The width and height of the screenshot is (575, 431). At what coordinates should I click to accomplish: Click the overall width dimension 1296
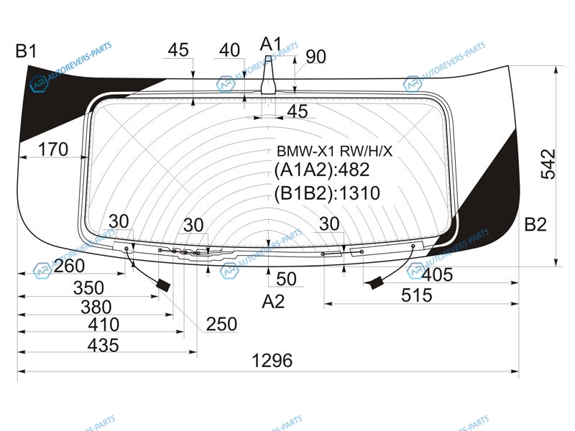272,361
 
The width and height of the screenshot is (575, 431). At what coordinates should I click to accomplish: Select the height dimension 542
548,164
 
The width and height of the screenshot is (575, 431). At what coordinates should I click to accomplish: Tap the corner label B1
26,51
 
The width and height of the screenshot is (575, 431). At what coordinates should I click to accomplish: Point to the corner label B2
535,224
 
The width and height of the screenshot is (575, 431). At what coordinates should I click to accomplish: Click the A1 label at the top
271,45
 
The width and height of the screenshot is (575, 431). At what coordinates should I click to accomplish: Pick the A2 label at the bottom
273,302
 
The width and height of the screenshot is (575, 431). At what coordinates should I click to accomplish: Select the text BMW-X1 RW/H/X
334,151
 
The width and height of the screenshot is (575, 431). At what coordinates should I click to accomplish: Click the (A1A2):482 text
321,170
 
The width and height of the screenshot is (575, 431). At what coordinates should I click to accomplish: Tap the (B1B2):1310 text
327,193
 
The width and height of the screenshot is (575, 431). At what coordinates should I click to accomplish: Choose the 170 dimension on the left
53,149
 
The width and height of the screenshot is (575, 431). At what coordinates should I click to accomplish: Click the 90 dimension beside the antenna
316,57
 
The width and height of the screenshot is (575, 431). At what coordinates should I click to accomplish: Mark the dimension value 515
417,295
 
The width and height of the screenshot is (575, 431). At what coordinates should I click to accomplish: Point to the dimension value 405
438,275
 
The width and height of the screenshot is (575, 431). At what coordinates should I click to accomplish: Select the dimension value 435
103,346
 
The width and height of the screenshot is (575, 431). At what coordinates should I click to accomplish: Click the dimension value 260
69,266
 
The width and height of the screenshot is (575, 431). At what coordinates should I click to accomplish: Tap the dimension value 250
221,325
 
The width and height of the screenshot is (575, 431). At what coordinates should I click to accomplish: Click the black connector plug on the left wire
163,285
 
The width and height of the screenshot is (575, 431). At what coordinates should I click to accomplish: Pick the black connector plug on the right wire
375,282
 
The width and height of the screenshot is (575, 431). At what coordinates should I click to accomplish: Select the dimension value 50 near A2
286,279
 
